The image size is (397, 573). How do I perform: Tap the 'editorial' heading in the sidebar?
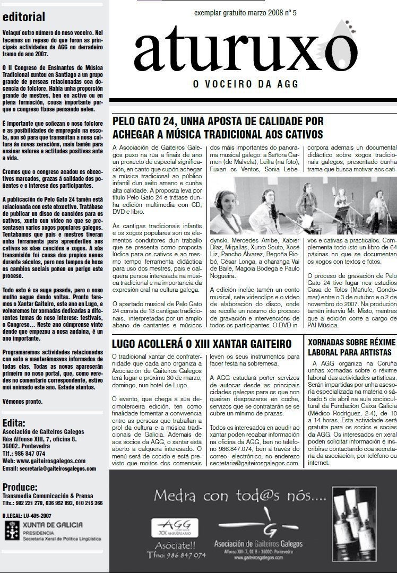(24, 17)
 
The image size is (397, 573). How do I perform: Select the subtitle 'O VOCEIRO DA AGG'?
(245, 83)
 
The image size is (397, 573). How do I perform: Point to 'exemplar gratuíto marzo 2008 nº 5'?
(245, 12)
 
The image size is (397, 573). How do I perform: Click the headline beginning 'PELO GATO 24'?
(218, 127)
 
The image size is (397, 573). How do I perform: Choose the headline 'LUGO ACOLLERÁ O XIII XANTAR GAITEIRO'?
(202, 344)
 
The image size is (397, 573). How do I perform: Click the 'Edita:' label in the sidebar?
(14, 423)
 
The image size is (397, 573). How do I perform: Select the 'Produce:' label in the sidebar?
(20, 487)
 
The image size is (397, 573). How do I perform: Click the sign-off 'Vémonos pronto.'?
(22, 401)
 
